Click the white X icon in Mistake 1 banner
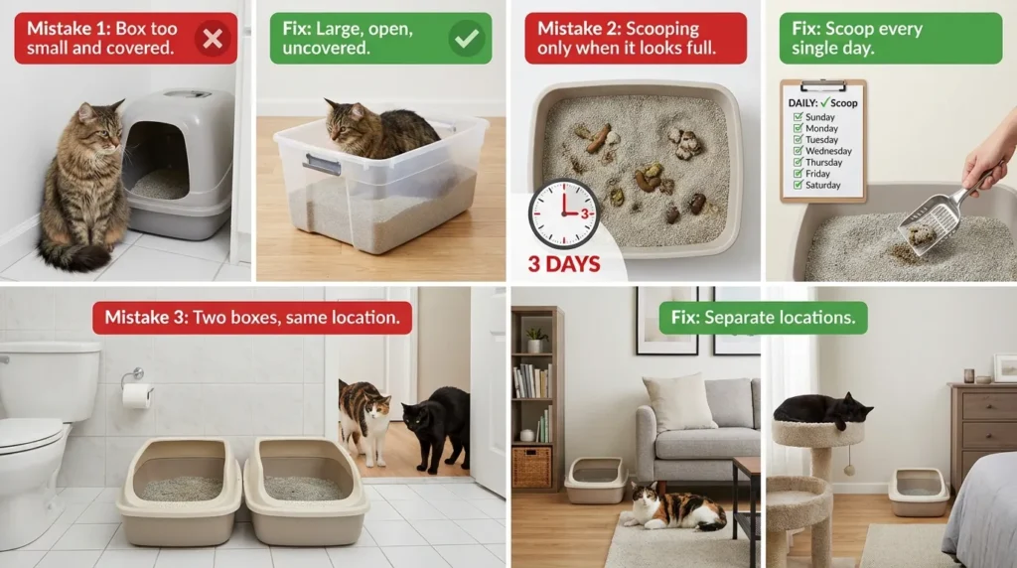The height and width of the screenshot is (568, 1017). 212,38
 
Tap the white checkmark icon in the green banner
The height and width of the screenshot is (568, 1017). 466,38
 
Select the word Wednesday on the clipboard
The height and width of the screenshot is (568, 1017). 828,151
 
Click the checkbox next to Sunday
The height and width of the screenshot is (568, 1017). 799,117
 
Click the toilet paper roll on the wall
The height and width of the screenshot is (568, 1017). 136,395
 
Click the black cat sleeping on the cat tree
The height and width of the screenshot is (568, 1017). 820,407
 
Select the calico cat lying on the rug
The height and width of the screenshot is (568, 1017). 675,507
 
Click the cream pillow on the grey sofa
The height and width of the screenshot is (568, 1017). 679,402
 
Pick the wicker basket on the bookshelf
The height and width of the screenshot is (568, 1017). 530,466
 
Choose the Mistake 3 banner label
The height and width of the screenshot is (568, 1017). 251,318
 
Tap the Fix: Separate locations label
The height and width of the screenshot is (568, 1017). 763,318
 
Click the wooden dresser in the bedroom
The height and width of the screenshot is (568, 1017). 980,427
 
